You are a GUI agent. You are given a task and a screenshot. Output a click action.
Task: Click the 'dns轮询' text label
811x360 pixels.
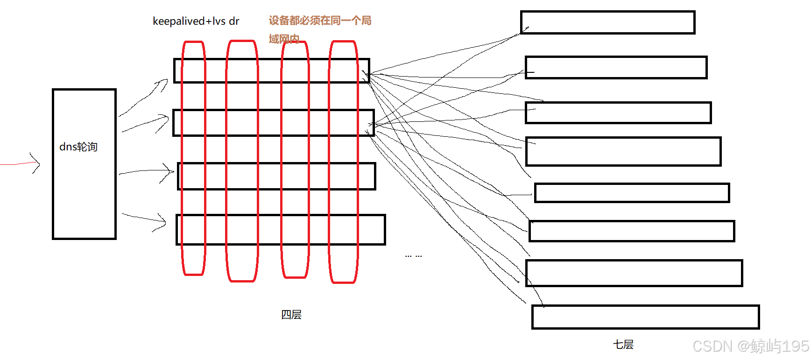[78, 147]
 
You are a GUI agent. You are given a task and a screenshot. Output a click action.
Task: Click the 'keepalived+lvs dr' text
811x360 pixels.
[196, 21]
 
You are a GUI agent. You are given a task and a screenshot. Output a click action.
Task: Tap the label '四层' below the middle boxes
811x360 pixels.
[291, 315]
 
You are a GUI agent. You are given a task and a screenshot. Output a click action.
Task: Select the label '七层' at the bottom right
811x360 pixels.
[623, 345]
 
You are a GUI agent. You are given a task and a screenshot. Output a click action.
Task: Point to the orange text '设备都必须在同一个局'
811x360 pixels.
[320, 21]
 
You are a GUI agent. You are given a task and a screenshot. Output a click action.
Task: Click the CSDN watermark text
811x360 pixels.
[750, 346]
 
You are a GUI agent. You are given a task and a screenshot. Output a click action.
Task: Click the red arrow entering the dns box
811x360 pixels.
[21, 163]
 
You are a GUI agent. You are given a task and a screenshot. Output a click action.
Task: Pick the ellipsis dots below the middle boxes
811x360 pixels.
[413, 256]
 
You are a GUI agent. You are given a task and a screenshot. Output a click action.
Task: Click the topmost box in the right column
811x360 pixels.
[607, 22]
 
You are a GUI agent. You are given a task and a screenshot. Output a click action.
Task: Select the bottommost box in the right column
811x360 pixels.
[645, 317]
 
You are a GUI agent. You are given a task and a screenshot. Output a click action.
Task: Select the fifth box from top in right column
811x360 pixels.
[632, 193]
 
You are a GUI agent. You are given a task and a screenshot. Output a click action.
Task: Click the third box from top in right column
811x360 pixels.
[618, 113]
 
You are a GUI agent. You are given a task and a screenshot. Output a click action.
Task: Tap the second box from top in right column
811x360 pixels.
[616, 68]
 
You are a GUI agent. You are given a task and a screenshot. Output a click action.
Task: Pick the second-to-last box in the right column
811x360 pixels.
[634, 273]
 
